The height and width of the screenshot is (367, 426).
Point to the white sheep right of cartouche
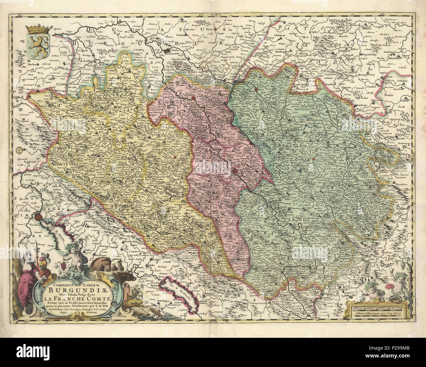point(136,291)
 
